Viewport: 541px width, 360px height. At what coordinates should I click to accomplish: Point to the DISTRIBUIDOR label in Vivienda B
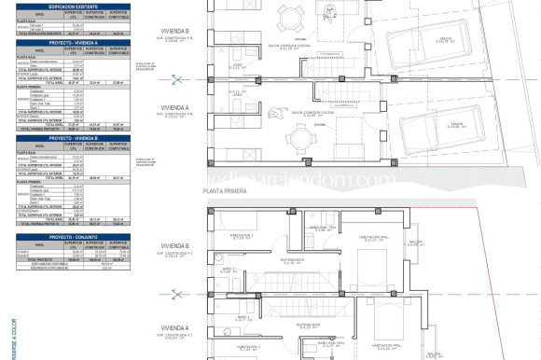[x=294, y=261]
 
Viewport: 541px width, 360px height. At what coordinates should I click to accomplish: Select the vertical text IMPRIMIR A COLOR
[x=5, y=326]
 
